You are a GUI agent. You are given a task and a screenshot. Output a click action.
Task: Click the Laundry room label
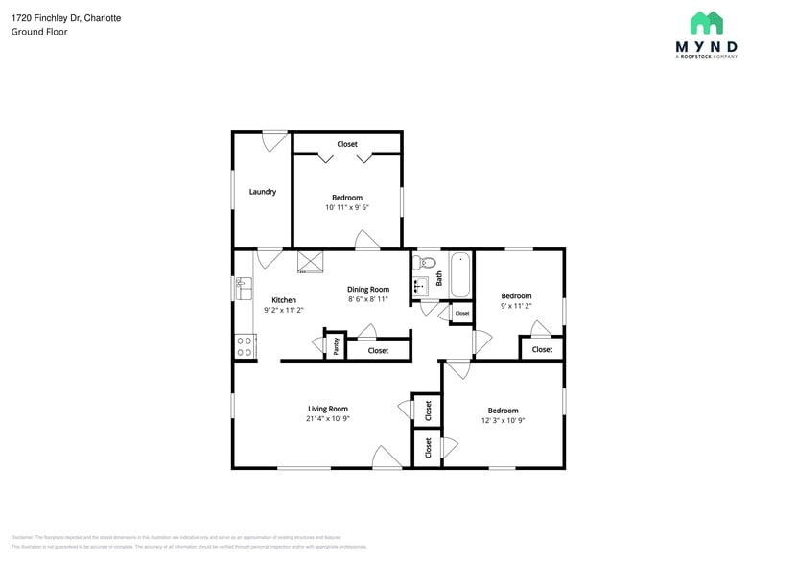[263, 192]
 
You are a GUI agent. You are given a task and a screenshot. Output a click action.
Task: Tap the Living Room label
[327, 409]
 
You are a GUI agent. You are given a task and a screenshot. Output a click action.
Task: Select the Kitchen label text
[284, 299]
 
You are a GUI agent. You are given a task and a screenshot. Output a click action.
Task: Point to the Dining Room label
[368, 289]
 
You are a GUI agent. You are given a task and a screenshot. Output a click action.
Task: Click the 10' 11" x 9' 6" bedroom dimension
[347, 207]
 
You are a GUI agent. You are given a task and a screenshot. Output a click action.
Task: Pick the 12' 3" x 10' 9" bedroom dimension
[503, 420]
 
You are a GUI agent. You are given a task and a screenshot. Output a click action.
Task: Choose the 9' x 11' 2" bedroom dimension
[516, 306]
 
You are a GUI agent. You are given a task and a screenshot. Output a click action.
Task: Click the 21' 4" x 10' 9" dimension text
[327, 419]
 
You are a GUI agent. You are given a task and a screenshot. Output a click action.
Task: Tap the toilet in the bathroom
[427, 261]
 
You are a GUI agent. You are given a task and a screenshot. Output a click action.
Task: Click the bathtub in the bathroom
[460, 275]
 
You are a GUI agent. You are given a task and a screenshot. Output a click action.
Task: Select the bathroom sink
[420, 285]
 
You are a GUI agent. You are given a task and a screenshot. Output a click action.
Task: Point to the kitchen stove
[245, 346]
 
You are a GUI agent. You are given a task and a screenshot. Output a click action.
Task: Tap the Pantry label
[336, 346]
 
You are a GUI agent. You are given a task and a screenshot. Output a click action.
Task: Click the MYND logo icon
[707, 23]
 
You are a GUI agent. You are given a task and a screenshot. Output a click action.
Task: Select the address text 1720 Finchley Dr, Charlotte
[66, 18]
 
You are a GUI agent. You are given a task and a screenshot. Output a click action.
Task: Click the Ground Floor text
[39, 32]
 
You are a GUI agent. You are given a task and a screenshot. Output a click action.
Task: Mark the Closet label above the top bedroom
[347, 144]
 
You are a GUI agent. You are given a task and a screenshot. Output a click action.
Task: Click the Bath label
[439, 278]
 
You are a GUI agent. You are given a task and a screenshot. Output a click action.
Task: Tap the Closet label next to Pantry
[379, 350]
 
